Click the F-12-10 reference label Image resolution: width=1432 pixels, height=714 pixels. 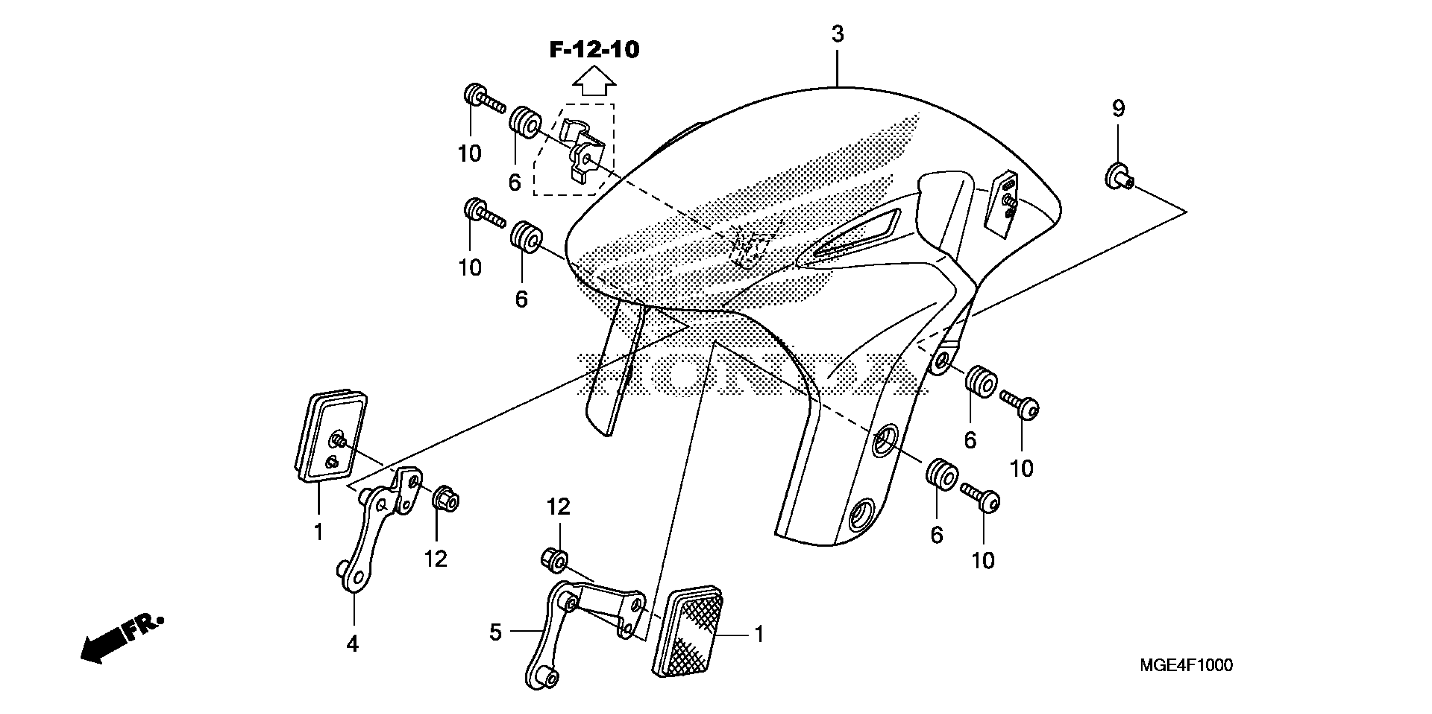[x=594, y=50]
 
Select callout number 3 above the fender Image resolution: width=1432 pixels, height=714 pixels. [x=837, y=34]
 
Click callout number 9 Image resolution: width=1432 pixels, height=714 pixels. [x=1118, y=108]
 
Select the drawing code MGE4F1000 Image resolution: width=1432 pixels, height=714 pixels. [x=1186, y=665]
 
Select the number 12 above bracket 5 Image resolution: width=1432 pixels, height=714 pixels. [x=558, y=507]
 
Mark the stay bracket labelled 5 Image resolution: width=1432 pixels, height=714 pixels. [x=578, y=628]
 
